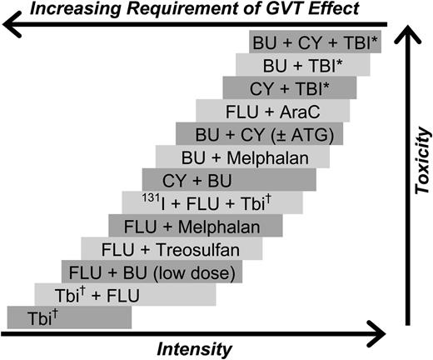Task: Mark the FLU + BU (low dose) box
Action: [150, 271]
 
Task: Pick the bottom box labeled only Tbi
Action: [68, 317]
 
